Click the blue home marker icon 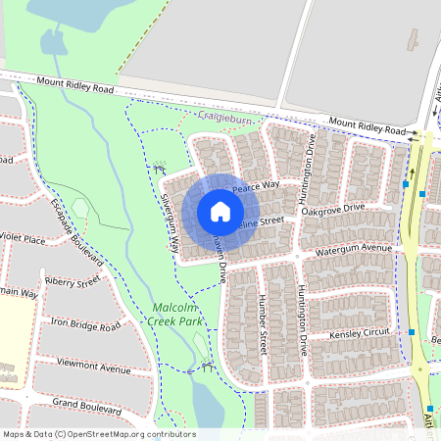(220, 212)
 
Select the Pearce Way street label (257, 184)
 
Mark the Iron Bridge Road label (85, 324)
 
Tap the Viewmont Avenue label (94, 368)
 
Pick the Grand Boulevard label (85, 403)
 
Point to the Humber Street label (262, 326)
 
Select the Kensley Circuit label (360, 334)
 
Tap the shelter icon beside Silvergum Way (160, 169)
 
